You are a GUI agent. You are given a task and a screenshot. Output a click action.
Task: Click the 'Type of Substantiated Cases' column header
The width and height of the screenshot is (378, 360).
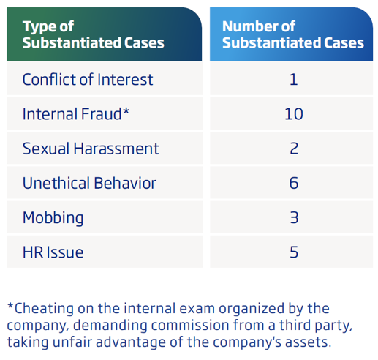coord(93,34)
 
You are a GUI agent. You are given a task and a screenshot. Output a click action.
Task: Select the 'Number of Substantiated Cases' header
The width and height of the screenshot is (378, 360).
coord(293,34)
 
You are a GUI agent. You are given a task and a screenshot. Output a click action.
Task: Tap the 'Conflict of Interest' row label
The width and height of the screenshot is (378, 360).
coord(88,79)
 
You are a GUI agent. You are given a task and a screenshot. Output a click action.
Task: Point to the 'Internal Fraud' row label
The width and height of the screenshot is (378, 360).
coord(72,114)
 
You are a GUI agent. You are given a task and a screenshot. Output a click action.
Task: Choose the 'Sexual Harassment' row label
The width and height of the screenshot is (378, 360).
coord(91,149)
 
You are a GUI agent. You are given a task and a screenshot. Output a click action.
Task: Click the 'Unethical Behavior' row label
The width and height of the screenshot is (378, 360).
coord(89,183)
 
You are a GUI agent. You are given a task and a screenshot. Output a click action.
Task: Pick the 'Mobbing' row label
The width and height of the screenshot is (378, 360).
coord(53,218)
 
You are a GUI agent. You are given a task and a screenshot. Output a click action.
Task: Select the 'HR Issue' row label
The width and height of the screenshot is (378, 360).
coord(53,252)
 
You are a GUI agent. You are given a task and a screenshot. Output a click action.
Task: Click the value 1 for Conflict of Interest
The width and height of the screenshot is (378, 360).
coord(294,79)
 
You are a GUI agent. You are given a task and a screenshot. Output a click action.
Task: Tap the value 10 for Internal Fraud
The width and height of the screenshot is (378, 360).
coord(294,114)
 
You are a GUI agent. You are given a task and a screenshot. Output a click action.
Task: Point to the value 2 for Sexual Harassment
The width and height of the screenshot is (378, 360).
coord(294,149)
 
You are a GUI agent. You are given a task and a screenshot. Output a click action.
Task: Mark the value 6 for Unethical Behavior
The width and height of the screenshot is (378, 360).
coord(294,183)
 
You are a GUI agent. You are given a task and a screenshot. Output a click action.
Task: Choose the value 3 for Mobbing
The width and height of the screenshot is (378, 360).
coord(294,217)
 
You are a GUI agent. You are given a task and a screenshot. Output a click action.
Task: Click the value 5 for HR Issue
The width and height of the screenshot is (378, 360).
coord(294,252)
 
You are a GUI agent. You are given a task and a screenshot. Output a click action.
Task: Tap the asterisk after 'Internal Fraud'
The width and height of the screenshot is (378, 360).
coord(126,111)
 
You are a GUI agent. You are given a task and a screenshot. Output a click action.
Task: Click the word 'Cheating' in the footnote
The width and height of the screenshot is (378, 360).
coord(44,309)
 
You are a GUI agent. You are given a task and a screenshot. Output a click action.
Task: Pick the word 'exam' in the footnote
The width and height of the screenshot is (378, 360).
coord(197,309)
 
